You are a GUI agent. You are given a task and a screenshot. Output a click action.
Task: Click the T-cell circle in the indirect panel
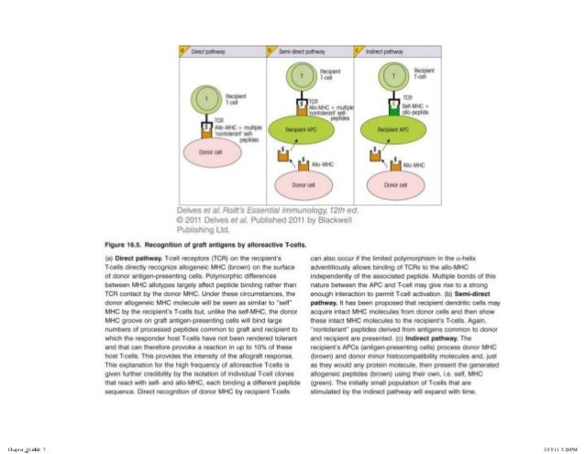point(394,75)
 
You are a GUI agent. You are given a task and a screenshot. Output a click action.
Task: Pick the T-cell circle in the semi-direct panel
point(304,75)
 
